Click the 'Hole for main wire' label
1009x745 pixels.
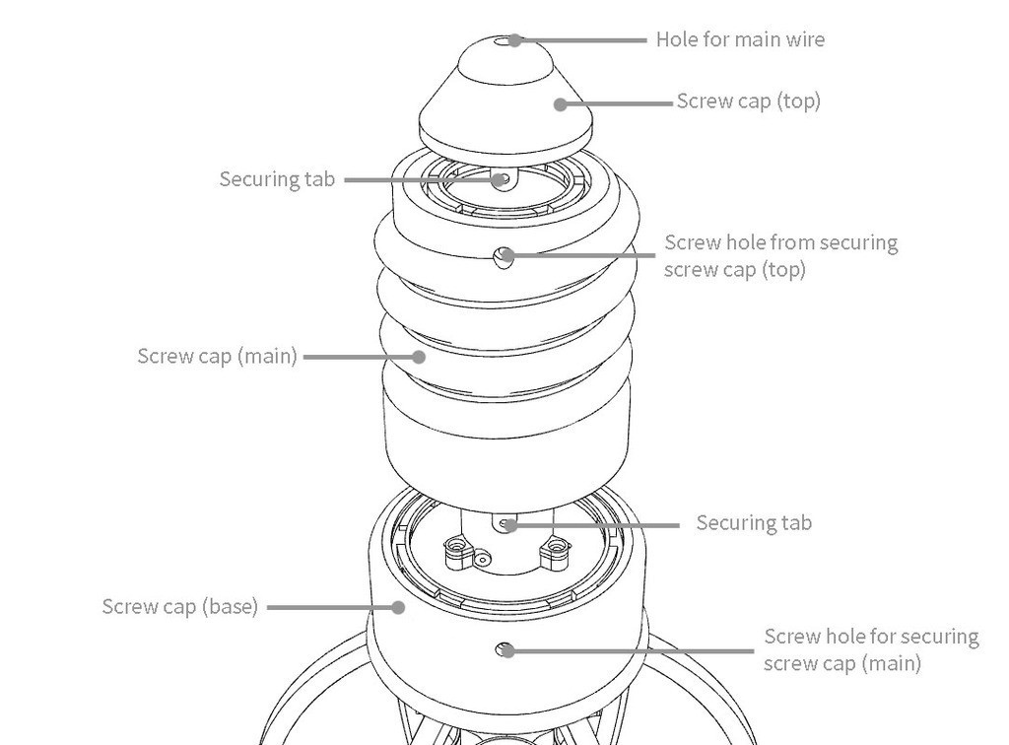pos(740,39)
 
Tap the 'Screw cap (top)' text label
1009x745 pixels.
pos(748,101)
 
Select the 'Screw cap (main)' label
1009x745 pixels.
pos(217,356)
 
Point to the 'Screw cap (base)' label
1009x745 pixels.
pos(179,606)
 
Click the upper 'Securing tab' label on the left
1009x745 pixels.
pos(277,179)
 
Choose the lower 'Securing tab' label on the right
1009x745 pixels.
pos(754,522)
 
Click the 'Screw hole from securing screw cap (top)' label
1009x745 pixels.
pos(780,255)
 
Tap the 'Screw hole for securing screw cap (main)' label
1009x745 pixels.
pos(871,649)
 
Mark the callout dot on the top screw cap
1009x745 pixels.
pos(560,103)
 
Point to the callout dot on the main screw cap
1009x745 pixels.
pos(420,357)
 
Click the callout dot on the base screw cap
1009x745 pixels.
pos(398,607)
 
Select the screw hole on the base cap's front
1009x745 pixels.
pos(506,649)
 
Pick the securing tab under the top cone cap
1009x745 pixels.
pos(503,180)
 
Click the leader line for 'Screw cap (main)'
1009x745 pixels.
pos(360,357)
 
